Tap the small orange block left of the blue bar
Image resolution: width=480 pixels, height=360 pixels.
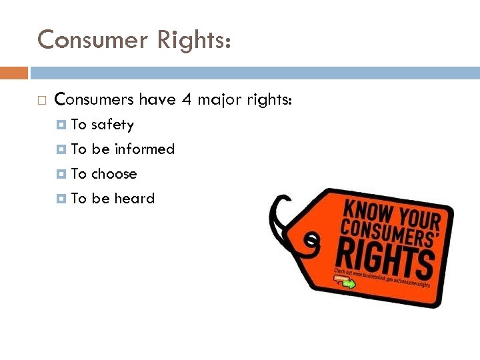tap(14, 73)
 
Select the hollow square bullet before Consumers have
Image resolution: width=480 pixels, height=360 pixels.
tap(42, 101)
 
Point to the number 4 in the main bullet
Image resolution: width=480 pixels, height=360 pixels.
tap(186, 100)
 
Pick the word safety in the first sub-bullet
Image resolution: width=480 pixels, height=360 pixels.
tap(112, 125)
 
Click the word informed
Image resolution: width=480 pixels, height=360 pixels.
tap(144, 149)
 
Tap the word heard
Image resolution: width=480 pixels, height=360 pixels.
tap(134, 199)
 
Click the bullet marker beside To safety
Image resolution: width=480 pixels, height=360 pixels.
tap(62, 125)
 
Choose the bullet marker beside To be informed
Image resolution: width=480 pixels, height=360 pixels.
tap(62, 149)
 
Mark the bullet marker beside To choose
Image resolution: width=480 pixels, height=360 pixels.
tap(62, 174)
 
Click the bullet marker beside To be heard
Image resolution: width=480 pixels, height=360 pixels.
tap(62, 199)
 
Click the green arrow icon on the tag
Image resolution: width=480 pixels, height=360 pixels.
tap(348, 284)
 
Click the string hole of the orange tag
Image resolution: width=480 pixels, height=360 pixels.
tap(310, 239)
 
